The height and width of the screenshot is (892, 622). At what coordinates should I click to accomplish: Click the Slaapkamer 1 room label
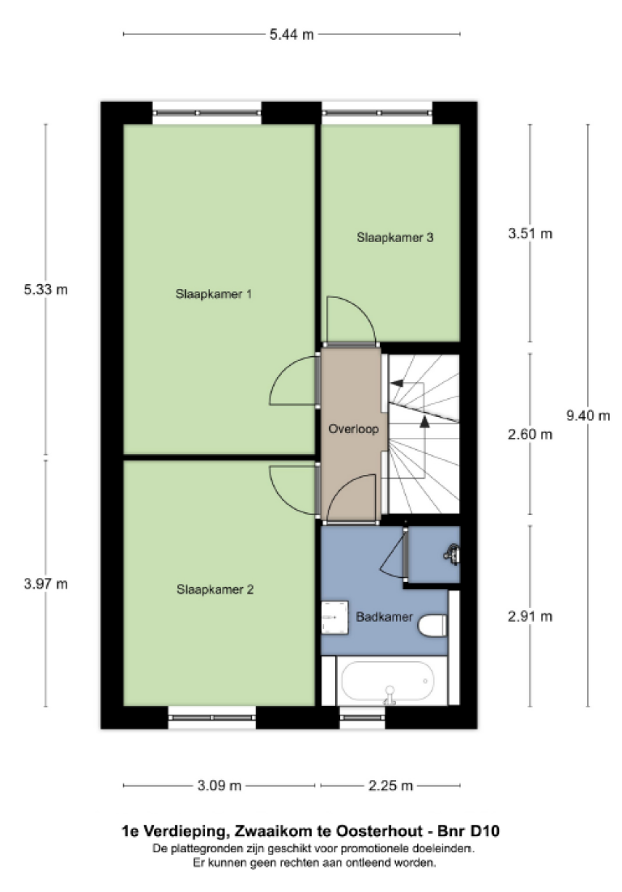(x=214, y=294)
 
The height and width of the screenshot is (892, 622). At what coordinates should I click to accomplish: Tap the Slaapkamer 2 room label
(x=215, y=590)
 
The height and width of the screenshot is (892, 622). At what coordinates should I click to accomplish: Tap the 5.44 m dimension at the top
(x=292, y=34)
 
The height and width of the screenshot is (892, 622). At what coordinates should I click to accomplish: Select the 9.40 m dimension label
(x=587, y=415)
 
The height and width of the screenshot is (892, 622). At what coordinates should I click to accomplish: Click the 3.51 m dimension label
(x=530, y=235)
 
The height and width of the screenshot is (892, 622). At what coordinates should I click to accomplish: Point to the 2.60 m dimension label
(x=530, y=435)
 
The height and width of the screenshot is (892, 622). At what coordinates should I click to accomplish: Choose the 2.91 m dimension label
(x=530, y=617)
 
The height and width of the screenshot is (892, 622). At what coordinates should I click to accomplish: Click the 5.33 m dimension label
(x=45, y=290)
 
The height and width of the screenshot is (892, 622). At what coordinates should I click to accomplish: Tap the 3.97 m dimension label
(x=45, y=584)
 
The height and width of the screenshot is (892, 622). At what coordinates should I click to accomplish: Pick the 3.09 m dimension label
(x=219, y=785)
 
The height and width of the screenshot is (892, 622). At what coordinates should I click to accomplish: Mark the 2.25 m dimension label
(x=391, y=785)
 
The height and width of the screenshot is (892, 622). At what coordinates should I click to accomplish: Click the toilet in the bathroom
(x=432, y=624)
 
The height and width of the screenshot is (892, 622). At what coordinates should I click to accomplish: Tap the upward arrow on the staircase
(x=424, y=418)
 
